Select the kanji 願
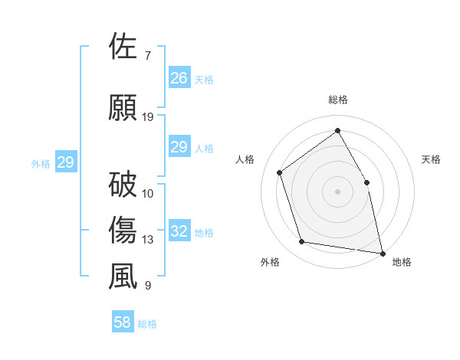pos(123,108)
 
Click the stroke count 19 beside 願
pos(148,117)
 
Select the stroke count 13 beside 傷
pos(148,240)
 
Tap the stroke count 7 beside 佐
pos(147,56)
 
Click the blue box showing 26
pos(179,78)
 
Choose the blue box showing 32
pos(179,231)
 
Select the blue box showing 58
pos(123,322)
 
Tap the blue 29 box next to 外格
pos(65,162)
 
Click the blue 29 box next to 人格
pos(179,147)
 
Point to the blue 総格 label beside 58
pos(147,324)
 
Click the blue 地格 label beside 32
pos(204,233)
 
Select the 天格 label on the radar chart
pos(431,159)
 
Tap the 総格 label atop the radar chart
pos(338,100)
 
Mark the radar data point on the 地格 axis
pos(382,252)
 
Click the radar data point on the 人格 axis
pos(280,172)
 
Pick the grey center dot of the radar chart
pos(338,191)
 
